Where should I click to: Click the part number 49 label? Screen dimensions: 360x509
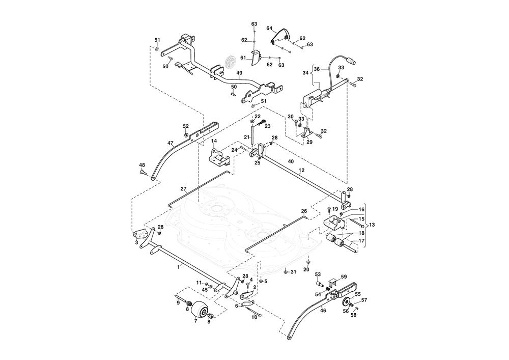tap(239, 73)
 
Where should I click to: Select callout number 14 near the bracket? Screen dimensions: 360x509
tap(214, 141)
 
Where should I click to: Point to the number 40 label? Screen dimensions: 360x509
tap(291, 161)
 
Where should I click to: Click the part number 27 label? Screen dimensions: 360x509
tap(183, 189)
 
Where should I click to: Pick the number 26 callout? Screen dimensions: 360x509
tap(304, 211)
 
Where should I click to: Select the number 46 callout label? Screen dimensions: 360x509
tap(323, 310)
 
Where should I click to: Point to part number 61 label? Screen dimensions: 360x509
tap(243, 58)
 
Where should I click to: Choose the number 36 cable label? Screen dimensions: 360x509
tap(317, 69)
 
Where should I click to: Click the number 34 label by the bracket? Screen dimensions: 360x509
tap(306, 73)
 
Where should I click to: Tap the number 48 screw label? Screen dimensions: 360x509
tap(142, 165)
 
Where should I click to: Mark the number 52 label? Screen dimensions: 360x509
tap(186, 126)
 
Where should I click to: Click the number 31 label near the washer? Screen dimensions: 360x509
tap(293, 272)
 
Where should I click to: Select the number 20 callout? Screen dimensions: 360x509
tap(306, 269)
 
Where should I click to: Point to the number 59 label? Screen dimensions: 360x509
tap(344, 276)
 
